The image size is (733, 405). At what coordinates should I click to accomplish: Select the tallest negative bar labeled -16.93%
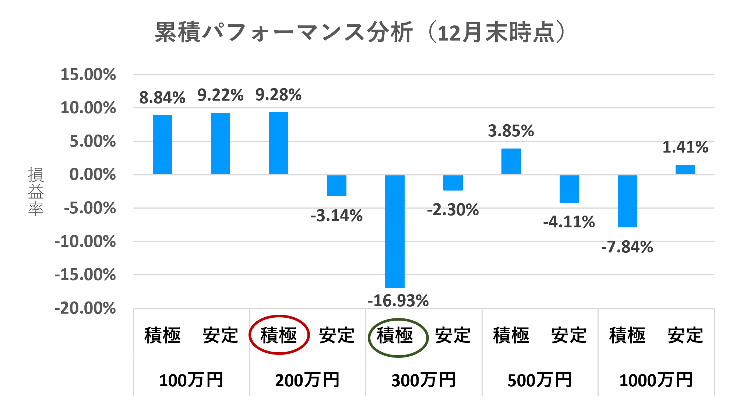pos(395,231)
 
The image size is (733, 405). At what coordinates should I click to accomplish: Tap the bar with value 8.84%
pos(162,144)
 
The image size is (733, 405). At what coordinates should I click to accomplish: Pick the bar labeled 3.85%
pos(511,161)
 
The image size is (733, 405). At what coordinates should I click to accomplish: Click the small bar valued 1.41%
pos(685,170)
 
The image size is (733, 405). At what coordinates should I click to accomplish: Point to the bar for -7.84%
pos(627,201)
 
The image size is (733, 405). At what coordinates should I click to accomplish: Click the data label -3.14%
pos(336,216)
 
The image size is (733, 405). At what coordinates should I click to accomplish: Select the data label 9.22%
pos(220,95)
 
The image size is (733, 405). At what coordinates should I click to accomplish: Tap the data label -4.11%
pos(569,222)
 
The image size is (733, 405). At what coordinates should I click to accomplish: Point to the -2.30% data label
pos(453,210)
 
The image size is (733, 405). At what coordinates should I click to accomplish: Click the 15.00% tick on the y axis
pos(88,75)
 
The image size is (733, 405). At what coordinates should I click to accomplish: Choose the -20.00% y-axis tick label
pos(85,308)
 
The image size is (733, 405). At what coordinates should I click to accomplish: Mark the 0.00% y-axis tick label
pos(92,175)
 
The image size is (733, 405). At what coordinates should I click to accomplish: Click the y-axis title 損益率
pos(36,191)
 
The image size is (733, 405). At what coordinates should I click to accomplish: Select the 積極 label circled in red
pos(279,335)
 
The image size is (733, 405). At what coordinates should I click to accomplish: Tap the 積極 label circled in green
pos(395,336)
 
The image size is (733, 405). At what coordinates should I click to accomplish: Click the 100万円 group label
pos(191,380)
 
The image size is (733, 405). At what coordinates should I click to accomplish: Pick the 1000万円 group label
pos(656,380)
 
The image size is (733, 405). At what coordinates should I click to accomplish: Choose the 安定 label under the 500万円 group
pos(569,335)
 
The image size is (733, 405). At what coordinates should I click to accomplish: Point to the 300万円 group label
pos(423,380)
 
